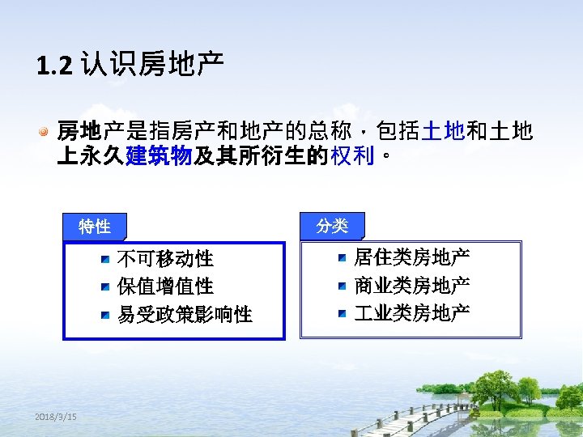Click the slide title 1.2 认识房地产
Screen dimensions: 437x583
point(130,63)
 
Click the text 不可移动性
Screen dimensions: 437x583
point(165,259)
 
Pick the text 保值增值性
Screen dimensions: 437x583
point(165,286)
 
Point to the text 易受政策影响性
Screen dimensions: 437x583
point(185,314)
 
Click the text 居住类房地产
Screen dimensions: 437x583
point(411,258)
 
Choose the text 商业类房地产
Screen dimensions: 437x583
point(411,286)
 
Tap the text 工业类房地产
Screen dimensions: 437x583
point(411,313)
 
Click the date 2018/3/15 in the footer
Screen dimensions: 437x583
point(56,416)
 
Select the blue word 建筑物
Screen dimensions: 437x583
point(158,155)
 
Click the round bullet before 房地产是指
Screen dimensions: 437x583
point(46,130)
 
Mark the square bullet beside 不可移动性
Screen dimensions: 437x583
point(105,260)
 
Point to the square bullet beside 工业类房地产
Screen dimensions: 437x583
point(343,313)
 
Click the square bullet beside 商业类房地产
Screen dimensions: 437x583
point(343,286)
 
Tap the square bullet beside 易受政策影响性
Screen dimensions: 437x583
point(105,315)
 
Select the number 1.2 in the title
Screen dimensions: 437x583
point(54,64)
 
